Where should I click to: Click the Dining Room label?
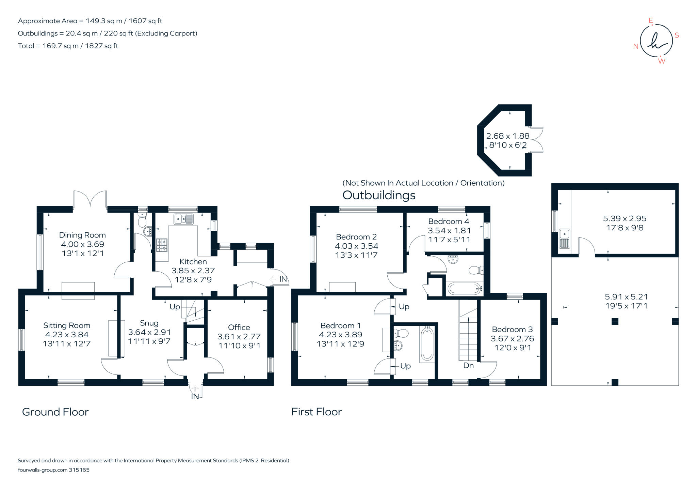click(82, 235)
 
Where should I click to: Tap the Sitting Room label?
click(67, 325)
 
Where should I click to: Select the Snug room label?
click(149, 323)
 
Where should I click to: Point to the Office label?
click(239, 327)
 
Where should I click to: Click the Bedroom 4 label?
click(449, 221)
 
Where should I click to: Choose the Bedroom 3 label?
click(512, 329)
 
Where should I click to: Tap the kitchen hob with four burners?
click(162, 245)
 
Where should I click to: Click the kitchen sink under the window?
click(183, 219)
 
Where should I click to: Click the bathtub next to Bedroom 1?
click(427, 344)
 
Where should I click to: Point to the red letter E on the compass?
click(651, 21)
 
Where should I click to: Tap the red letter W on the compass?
click(662, 61)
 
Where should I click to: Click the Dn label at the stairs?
click(468, 366)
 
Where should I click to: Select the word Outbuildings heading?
click(379, 195)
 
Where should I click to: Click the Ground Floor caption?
click(55, 412)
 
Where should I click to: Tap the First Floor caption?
click(317, 412)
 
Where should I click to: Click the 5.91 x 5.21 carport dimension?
click(626, 297)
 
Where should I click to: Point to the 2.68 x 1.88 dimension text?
click(508, 136)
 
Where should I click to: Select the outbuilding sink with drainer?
click(564, 239)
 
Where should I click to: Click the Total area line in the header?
click(68, 46)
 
